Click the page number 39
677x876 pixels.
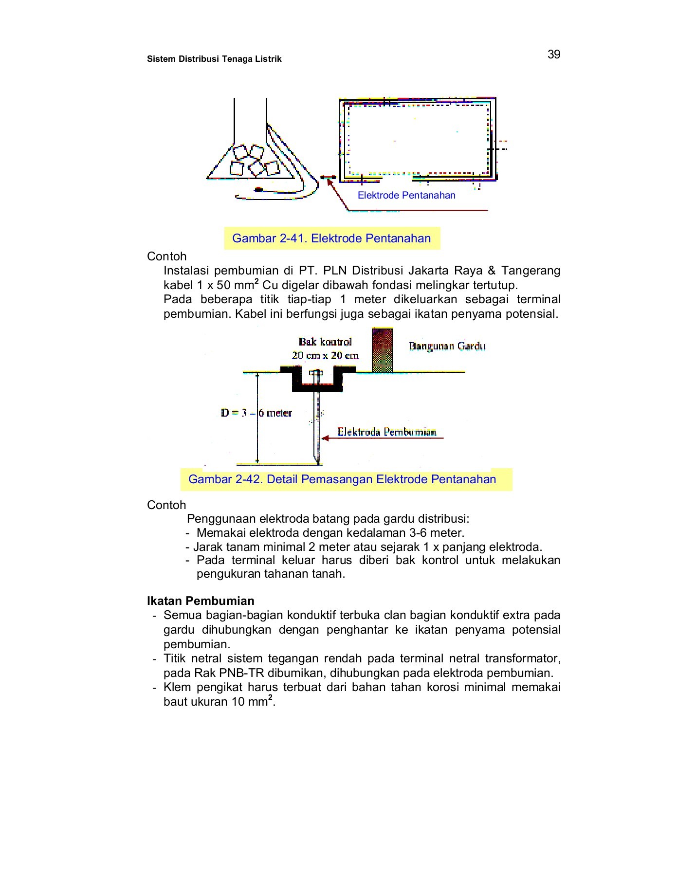(x=553, y=55)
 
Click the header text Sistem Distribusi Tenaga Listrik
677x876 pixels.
(x=214, y=59)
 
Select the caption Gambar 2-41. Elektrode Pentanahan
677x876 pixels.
(x=331, y=238)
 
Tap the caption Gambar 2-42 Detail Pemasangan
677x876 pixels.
(x=342, y=479)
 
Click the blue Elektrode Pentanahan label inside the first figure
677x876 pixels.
(x=406, y=196)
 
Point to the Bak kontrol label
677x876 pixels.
(x=325, y=342)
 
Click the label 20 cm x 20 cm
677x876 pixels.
(x=325, y=356)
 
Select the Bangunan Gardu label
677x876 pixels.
(x=447, y=346)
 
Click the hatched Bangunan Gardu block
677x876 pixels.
(x=382, y=350)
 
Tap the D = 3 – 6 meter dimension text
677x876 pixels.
(x=256, y=413)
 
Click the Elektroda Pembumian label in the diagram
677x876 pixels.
(x=386, y=432)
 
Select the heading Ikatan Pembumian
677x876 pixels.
(x=201, y=601)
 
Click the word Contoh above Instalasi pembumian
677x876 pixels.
(x=166, y=256)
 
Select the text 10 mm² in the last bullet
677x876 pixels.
(x=251, y=702)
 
